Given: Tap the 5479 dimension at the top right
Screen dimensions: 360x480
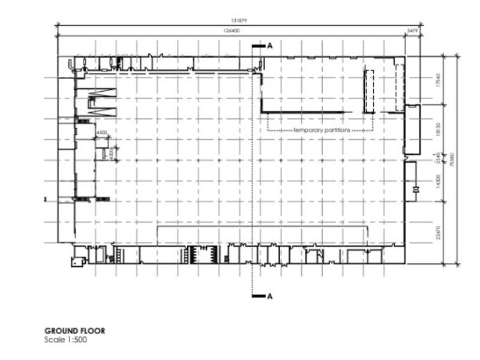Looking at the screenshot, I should tap(412, 29).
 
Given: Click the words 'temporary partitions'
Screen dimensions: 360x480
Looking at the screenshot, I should tap(321, 130).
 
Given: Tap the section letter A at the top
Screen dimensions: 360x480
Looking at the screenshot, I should tap(269, 46).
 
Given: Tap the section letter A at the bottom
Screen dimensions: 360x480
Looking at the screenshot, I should tap(269, 296).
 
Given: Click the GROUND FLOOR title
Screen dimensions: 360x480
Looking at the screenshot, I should tap(74, 331).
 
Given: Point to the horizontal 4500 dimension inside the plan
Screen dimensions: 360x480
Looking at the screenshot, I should tap(102, 133).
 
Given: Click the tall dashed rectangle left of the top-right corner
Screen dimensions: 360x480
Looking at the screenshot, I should tap(369, 91).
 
